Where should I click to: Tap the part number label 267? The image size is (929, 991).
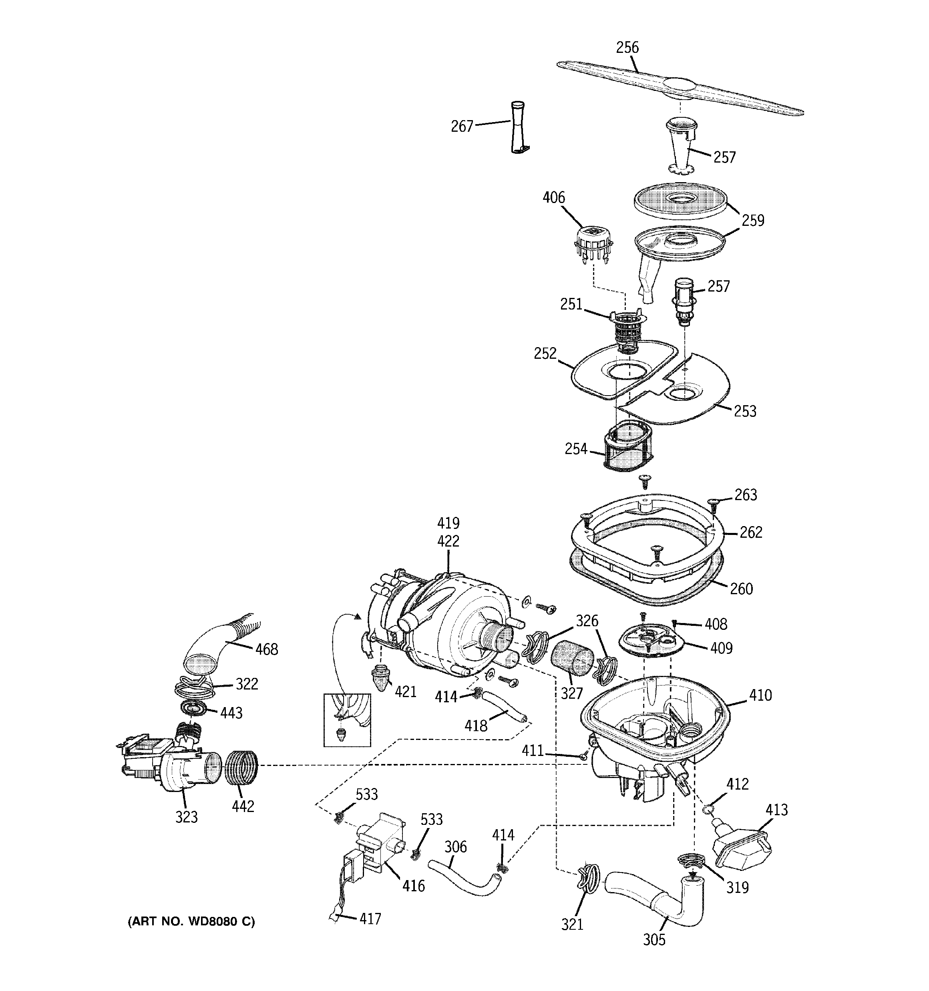[461, 127]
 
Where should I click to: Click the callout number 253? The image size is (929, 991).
[744, 411]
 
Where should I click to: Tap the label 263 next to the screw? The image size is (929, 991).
[746, 495]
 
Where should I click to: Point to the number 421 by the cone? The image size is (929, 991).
[405, 692]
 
